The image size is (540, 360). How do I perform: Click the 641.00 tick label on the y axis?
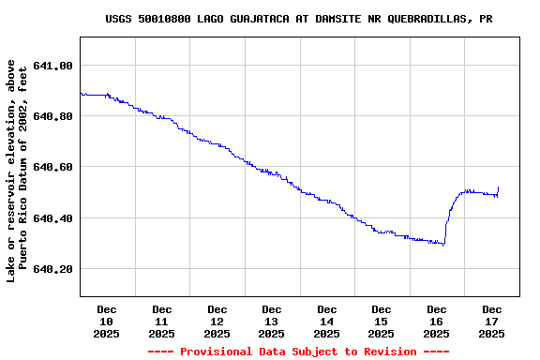coord(53,66)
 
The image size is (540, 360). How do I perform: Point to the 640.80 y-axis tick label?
coord(53,116)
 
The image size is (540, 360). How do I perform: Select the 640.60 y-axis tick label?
coord(53,167)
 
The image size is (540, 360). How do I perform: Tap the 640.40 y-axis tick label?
coord(53,218)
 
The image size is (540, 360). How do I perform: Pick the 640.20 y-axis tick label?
coord(53,269)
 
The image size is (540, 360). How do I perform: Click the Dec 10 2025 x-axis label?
coord(107,321)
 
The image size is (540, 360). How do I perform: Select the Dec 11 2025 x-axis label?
coord(162,321)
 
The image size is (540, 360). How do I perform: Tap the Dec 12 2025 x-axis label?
coord(217,321)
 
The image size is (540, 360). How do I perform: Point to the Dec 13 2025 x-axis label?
coord(272,321)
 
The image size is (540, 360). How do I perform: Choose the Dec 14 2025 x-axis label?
coord(327,321)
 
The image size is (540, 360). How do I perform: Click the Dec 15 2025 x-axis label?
coord(382,321)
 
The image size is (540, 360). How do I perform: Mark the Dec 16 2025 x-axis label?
coord(437,321)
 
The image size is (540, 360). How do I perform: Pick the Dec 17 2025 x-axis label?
coord(491,321)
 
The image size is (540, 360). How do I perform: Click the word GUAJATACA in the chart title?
coord(239,19)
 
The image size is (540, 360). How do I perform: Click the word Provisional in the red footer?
coord(217,352)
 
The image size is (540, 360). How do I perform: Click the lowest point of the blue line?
coord(443,246)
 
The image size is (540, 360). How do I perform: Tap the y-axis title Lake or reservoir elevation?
coord(11,171)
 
